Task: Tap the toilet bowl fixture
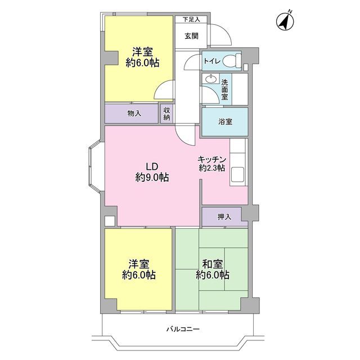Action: coord(232,61)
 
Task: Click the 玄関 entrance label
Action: coord(191,36)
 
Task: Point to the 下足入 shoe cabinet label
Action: coord(191,20)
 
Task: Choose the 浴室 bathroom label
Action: coord(225,121)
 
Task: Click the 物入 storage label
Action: coord(134,113)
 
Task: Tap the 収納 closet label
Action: coord(166,114)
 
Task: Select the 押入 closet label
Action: coord(224,217)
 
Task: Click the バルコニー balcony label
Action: coord(183,329)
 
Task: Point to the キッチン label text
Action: coord(212,159)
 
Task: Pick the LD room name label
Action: coord(152,166)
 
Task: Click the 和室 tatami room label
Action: coord(213,264)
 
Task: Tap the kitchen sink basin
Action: coord(237,174)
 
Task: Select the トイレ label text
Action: coord(212,61)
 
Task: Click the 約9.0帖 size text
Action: coord(152,177)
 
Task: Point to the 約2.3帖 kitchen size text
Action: coord(212,168)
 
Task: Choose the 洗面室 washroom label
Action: coord(225,90)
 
